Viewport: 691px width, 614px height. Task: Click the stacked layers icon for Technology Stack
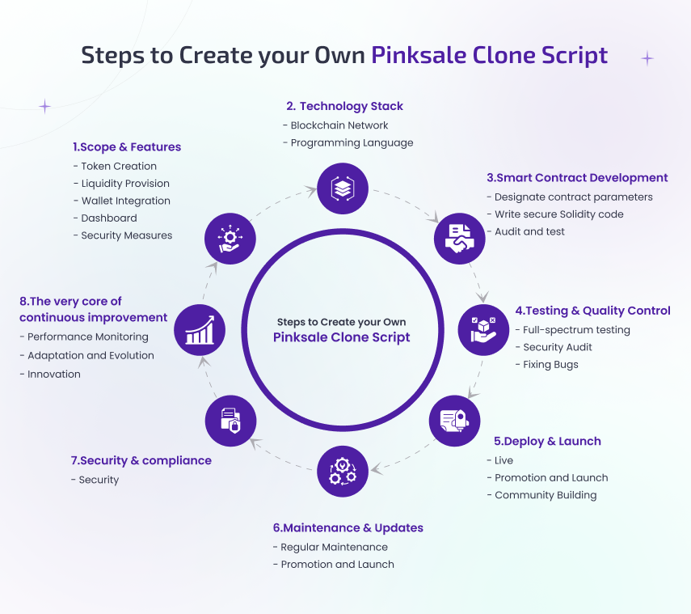(x=343, y=188)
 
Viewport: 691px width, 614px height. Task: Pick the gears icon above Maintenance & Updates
(x=343, y=470)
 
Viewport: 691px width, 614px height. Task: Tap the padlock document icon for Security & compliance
(x=230, y=421)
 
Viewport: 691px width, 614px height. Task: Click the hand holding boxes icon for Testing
(x=483, y=329)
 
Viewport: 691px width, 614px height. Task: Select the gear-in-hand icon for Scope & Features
(x=230, y=238)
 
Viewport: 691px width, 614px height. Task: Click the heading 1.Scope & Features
(x=127, y=147)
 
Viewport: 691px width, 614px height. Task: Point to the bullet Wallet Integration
(x=125, y=201)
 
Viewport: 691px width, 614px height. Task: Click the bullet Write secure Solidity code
(x=558, y=214)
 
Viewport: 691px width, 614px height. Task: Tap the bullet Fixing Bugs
(x=550, y=365)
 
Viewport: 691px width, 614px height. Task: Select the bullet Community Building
(x=546, y=495)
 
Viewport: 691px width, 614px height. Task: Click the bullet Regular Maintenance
(x=334, y=548)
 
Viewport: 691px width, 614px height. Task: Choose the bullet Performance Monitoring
(x=87, y=337)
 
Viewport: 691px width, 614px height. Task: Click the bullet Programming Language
(x=352, y=143)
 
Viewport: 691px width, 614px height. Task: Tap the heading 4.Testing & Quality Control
(x=592, y=311)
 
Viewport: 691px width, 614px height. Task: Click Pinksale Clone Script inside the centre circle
(x=342, y=337)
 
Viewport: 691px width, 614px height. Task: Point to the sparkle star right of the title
(x=647, y=58)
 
